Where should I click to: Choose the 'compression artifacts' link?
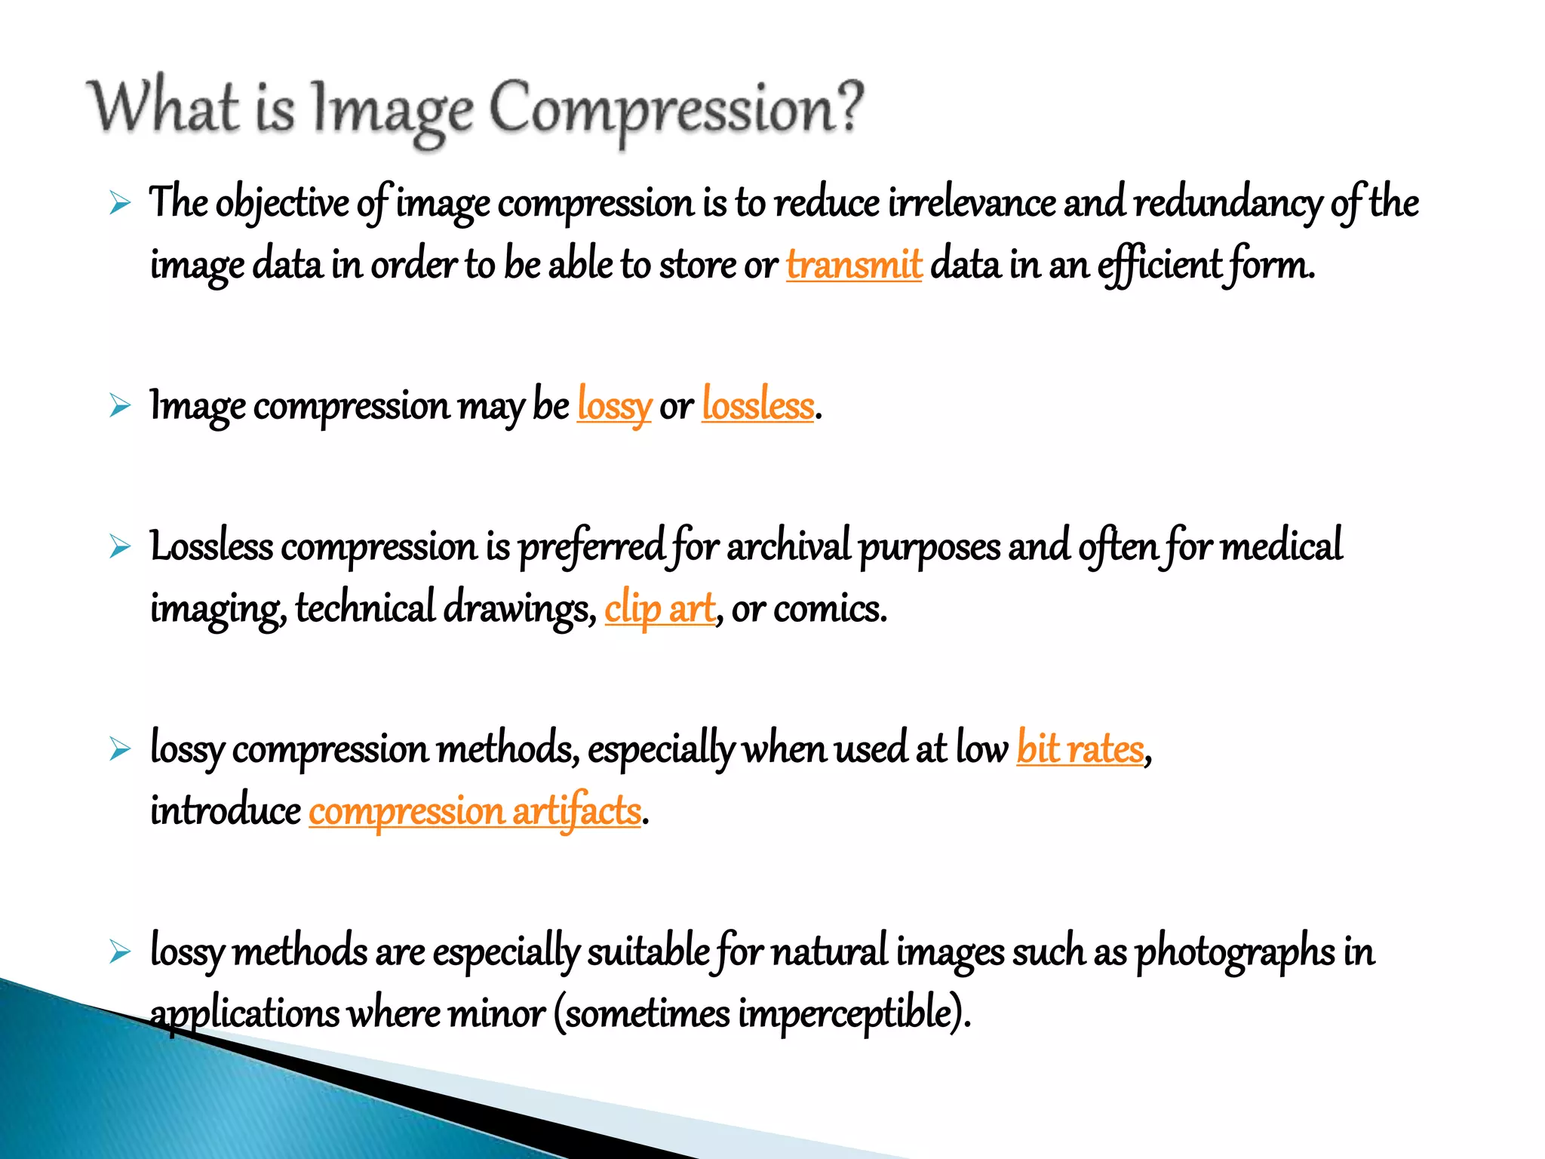pos(475,812)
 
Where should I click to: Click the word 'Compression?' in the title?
pos(676,110)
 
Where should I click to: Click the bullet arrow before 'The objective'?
pos(120,203)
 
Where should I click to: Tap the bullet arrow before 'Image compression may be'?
pos(120,405)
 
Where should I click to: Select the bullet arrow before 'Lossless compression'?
pos(120,546)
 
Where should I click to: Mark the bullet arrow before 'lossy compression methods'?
pos(120,749)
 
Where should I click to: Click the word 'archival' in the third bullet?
pos(788,547)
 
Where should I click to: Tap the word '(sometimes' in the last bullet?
pos(641,1013)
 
